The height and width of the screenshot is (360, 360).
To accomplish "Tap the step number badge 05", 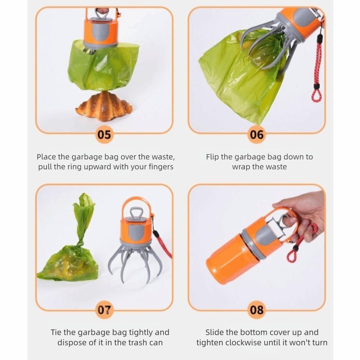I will click(x=104, y=135).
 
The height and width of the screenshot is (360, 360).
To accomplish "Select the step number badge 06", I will click(x=257, y=135).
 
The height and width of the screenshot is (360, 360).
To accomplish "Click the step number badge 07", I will click(x=104, y=310).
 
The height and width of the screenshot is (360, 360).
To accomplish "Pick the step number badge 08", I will click(x=257, y=310).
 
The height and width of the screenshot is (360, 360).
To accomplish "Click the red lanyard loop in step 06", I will click(x=316, y=95).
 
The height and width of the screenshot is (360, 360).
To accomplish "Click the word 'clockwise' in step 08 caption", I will click(x=246, y=342).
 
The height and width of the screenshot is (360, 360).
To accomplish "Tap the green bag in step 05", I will click(x=103, y=67).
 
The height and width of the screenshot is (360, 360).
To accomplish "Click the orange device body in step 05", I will click(x=100, y=32).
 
